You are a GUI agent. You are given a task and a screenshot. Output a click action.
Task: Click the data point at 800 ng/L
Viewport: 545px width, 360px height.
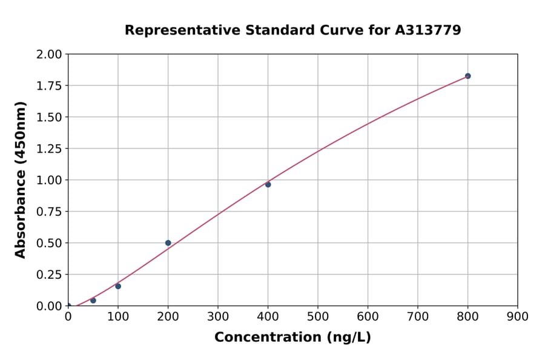coord(467,76)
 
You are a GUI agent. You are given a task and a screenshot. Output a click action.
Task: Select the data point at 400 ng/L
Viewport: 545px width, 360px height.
coord(268,184)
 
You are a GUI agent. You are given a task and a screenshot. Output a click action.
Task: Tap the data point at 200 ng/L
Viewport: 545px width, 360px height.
coord(168,243)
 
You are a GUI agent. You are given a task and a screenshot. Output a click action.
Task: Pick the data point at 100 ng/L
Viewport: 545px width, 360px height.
coord(118,286)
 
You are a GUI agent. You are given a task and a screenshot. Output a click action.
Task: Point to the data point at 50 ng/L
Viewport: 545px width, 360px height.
coord(93,301)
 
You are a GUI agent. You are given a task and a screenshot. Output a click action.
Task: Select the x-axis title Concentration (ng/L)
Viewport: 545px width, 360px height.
coord(292,338)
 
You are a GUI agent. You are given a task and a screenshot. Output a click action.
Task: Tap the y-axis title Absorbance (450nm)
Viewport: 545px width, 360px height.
coord(21,180)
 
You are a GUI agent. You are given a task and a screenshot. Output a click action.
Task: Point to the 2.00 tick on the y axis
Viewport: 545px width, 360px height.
coord(49,55)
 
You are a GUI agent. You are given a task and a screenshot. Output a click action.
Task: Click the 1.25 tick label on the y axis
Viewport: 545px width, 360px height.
coord(49,148)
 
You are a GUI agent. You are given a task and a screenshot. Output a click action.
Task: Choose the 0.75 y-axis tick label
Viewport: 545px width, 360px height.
coord(49,212)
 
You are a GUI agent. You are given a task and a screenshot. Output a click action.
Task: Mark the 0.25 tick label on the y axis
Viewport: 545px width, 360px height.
coord(49,275)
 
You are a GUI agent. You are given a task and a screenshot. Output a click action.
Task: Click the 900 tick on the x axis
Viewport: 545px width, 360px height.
coord(518,316)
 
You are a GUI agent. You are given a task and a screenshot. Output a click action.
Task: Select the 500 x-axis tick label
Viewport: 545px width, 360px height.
coord(318,316)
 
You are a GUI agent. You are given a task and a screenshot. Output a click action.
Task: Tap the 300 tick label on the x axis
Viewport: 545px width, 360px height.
coord(218,316)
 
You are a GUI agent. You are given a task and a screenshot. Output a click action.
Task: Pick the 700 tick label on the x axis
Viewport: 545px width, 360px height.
coord(418,316)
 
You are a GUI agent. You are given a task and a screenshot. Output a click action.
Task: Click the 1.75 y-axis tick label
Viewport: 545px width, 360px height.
coord(49,85)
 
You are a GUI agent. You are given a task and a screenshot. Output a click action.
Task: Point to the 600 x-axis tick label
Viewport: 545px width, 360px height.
coord(368,316)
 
